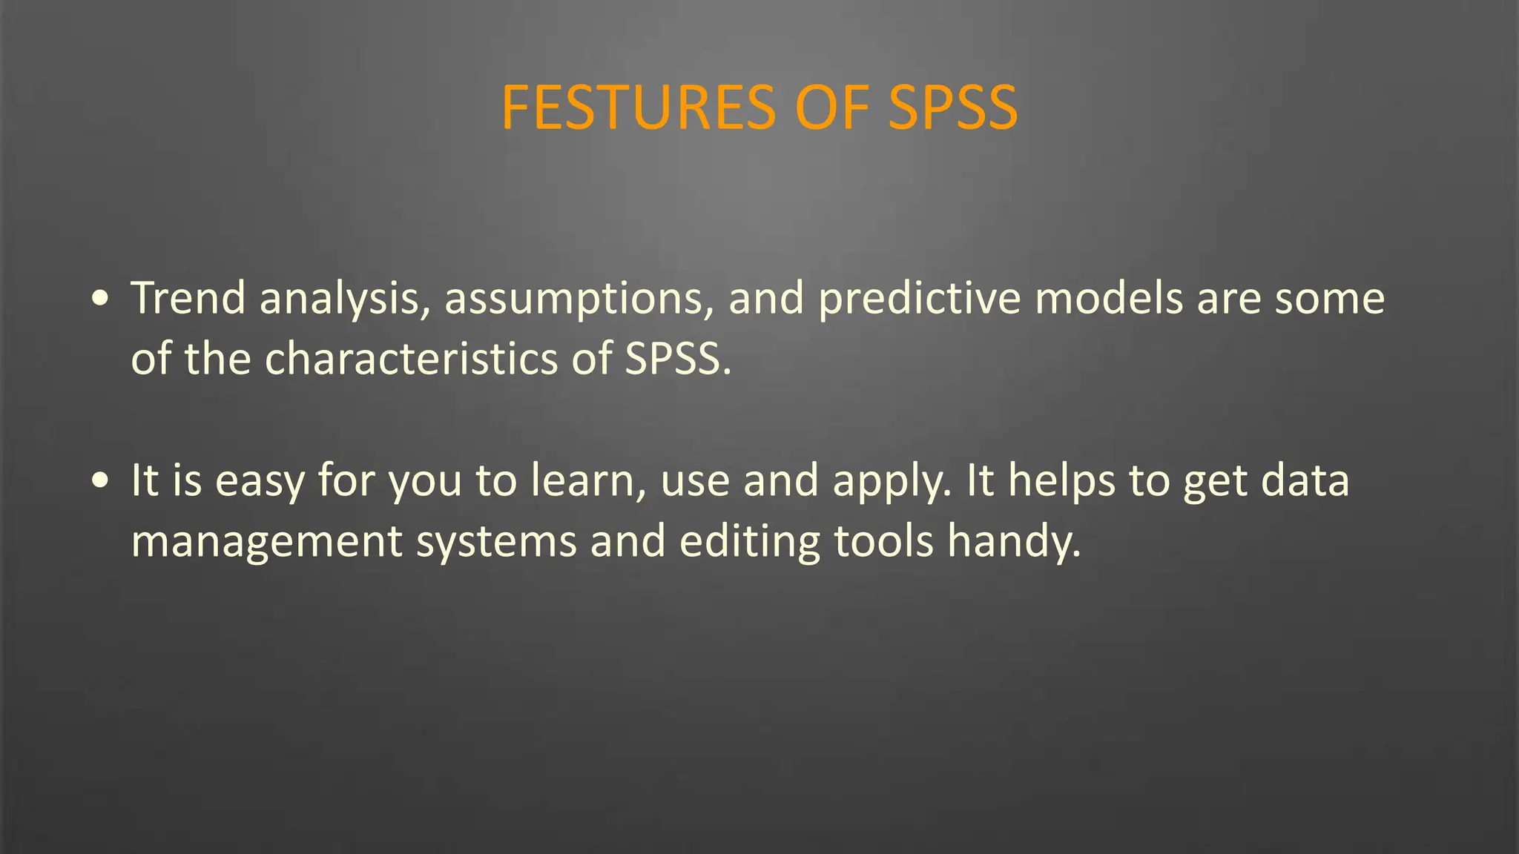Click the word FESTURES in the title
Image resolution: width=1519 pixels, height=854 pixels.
click(x=638, y=108)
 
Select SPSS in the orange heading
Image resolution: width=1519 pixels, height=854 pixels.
click(x=953, y=108)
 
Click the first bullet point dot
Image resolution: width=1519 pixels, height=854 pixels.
click(x=101, y=299)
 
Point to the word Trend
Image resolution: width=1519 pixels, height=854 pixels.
click(x=188, y=298)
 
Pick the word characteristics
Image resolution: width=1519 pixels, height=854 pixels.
click(x=411, y=359)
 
